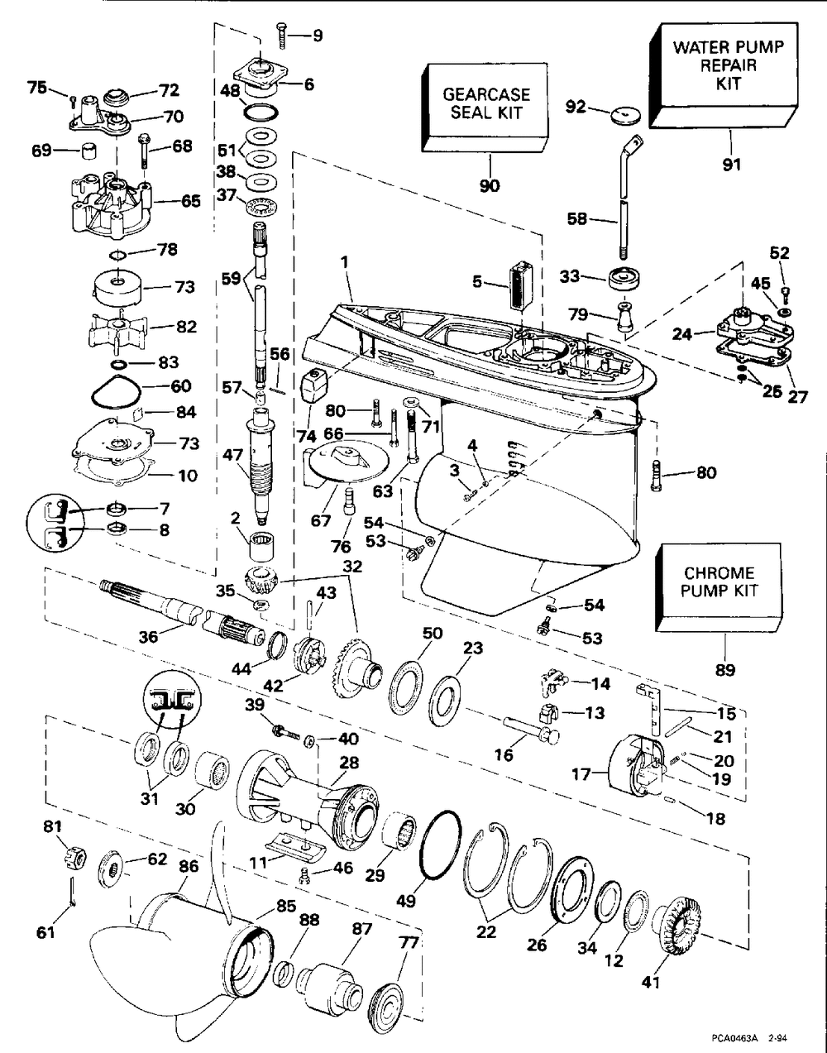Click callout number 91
[x=731, y=164]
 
